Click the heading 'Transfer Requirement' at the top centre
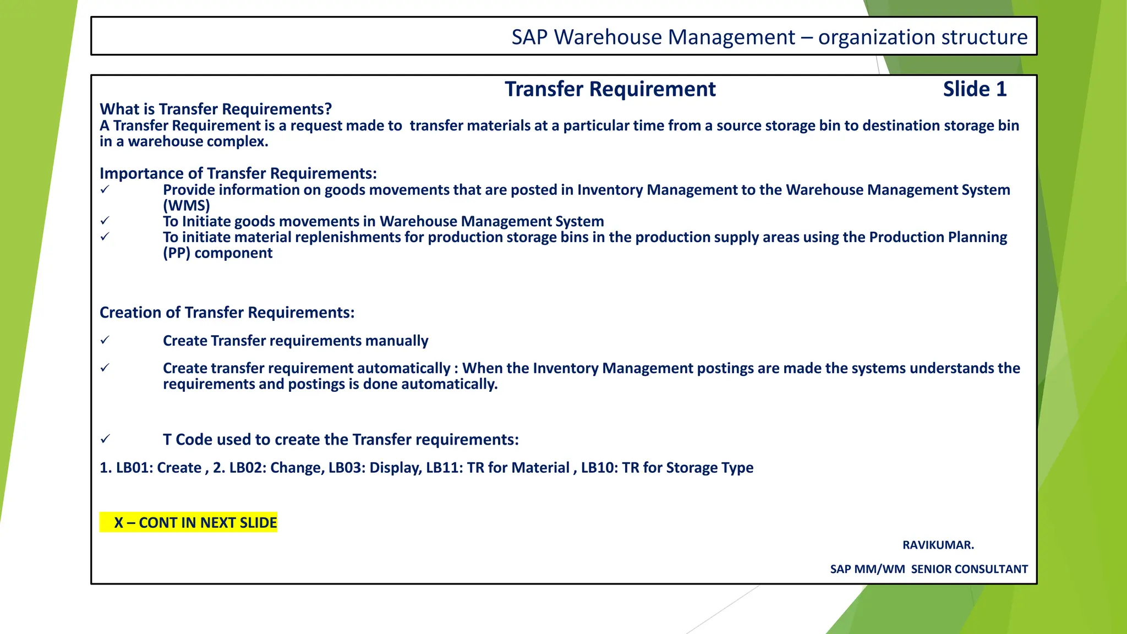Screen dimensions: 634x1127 (610, 89)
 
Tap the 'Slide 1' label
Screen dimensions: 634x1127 (975, 89)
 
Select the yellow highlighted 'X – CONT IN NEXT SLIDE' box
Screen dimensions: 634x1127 (188, 522)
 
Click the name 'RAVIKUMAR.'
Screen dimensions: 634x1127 (938, 545)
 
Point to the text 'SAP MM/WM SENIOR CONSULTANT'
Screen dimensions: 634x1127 (929, 569)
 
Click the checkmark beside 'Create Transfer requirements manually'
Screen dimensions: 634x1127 (105, 341)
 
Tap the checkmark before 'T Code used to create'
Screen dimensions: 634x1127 (105, 439)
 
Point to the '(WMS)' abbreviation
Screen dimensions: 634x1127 (187, 206)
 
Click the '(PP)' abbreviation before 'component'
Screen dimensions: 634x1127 (176, 253)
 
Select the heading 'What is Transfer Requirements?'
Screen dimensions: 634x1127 (216, 109)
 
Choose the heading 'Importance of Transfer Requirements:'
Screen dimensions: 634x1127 (238, 173)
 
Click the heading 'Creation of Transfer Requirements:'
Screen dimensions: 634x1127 (227, 313)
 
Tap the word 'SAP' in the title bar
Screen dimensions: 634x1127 (529, 37)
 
